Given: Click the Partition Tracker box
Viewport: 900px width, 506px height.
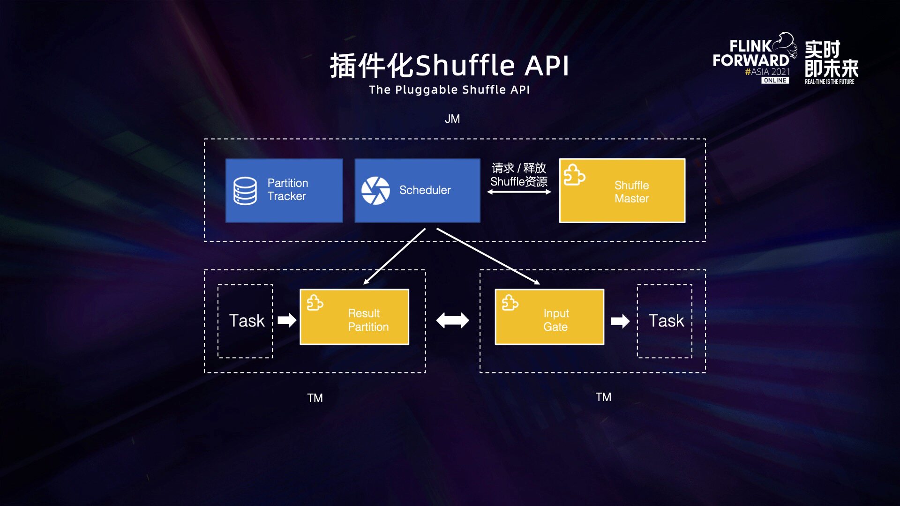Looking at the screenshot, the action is pos(284,190).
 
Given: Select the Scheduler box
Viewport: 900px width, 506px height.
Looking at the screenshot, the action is pos(417,190).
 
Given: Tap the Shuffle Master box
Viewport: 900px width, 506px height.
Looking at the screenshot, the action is pos(622,190).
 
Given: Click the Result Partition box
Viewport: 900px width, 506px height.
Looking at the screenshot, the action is pos(354,317).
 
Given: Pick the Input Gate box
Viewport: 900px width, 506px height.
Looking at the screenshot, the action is pos(549,317).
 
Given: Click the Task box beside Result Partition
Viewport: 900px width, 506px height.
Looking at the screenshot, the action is pos(245,321).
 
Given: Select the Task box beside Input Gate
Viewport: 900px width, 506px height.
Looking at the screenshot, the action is pos(665,321).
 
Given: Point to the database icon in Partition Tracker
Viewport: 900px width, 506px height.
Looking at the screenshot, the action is pos(245,191).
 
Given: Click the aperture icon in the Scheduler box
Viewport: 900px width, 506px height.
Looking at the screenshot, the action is pos(375,191).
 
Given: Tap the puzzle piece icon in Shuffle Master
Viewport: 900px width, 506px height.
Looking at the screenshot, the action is pos(574,174).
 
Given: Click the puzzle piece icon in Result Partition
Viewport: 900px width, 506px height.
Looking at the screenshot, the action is pos(315,302).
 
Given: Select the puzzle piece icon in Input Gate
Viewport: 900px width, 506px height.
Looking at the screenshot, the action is pos(510,302).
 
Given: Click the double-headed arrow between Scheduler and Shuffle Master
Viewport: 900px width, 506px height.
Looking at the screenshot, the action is pos(519,192).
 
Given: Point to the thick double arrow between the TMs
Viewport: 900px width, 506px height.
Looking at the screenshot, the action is pos(452,320).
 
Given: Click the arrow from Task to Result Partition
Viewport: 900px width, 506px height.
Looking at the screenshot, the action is pos(287,320).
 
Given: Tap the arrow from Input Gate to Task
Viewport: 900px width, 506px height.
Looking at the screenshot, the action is pos(620,321).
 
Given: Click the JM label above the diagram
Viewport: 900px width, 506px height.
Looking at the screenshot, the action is pos(452,119).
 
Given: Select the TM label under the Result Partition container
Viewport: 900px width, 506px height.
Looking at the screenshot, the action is pos(315,398).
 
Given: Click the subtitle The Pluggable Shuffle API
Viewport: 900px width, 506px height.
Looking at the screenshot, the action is pos(450,89).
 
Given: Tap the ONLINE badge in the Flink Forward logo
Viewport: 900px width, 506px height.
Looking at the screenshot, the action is pos(775,81).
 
